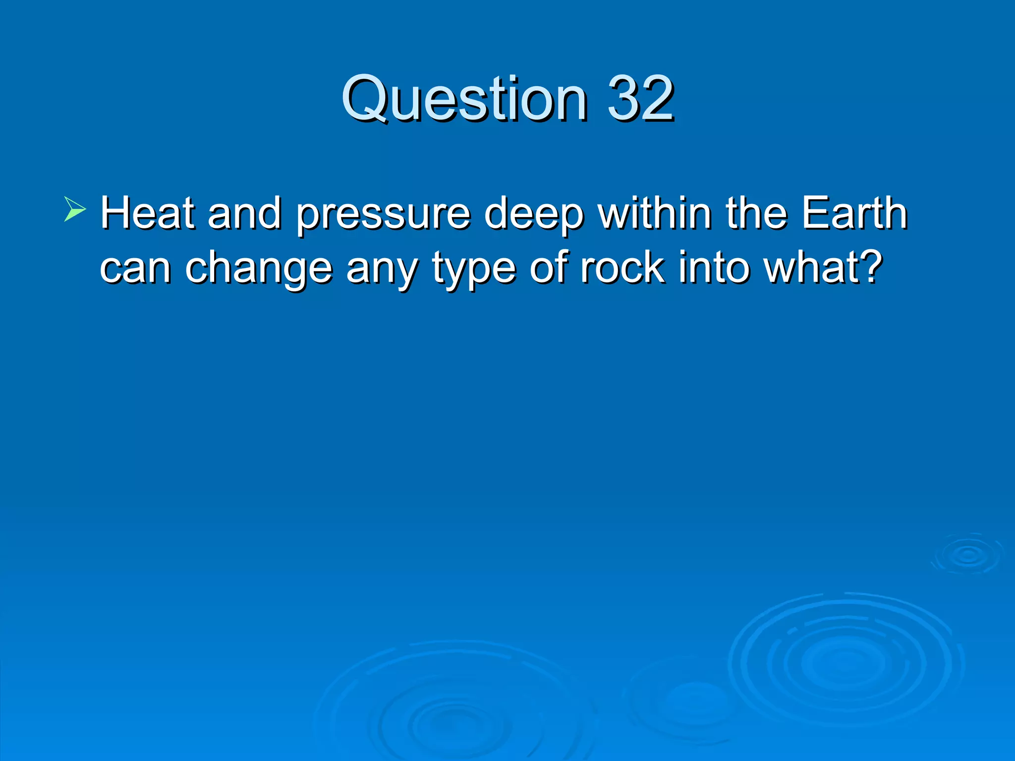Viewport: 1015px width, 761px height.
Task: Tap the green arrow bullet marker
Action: [75, 209]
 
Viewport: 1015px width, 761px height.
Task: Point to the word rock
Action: [622, 268]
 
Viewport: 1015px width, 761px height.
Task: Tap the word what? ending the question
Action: [823, 268]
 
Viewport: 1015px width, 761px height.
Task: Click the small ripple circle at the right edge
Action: [967, 555]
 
